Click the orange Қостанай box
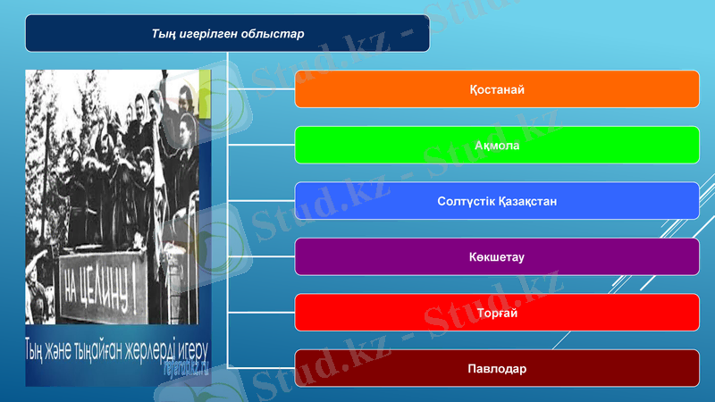[497, 89]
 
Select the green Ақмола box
[497, 145]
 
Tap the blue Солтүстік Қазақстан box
[497, 201]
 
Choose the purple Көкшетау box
[497, 257]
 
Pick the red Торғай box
[497, 313]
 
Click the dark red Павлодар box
[497, 368]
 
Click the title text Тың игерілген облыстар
[228, 34]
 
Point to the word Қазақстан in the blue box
[527, 201]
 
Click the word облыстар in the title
[273, 34]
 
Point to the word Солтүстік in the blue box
[467, 201]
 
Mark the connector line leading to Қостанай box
[262, 89]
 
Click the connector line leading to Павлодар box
[262, 367]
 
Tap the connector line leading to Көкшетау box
[262, 256]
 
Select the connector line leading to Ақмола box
[262, 145]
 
